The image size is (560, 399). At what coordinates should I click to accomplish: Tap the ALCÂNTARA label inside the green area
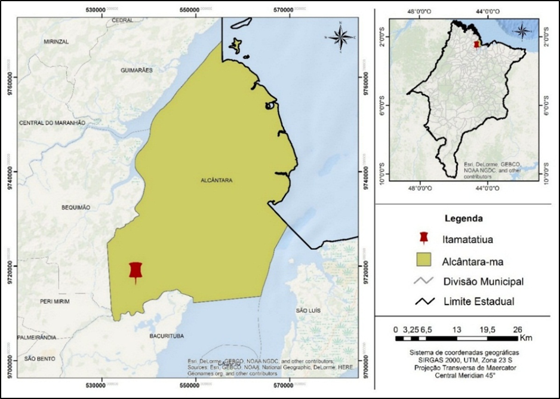coord(216,180)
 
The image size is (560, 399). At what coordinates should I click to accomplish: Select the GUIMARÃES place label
coord(137,70)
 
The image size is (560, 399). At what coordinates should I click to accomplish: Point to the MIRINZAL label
coord(57,42)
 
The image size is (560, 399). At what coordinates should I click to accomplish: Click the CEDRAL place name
coord(122,20)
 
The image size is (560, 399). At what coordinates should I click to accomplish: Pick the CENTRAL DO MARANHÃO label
coord(53,122)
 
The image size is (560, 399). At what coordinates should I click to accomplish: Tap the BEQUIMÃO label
coord(75,207)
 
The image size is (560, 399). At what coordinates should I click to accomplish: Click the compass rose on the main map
coord(340,37)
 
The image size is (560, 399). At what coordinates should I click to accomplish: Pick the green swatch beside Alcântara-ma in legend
coord(423,260)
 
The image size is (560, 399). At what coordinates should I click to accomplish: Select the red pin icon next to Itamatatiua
coord(423,238)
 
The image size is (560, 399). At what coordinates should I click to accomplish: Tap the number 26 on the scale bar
coord(518,329)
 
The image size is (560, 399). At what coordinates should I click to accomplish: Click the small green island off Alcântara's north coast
coord(237,45)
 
